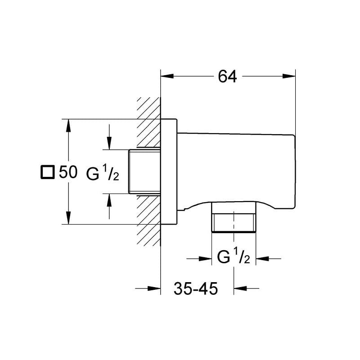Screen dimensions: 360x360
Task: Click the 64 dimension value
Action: click(x=227, y=76)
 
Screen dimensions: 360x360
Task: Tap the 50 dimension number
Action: click(x=68, y=172)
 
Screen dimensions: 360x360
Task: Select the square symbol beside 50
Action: click(x=48, y=172)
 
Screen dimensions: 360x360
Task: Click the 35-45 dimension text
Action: click(x=196, y=288)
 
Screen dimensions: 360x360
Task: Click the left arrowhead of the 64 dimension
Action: click(x=167, y=76)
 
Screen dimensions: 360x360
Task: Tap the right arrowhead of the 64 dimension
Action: click(x=289, y=76)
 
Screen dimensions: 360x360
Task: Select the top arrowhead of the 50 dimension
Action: click(x=68, y=126)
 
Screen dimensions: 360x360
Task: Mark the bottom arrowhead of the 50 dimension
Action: click(x=68, y=218)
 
